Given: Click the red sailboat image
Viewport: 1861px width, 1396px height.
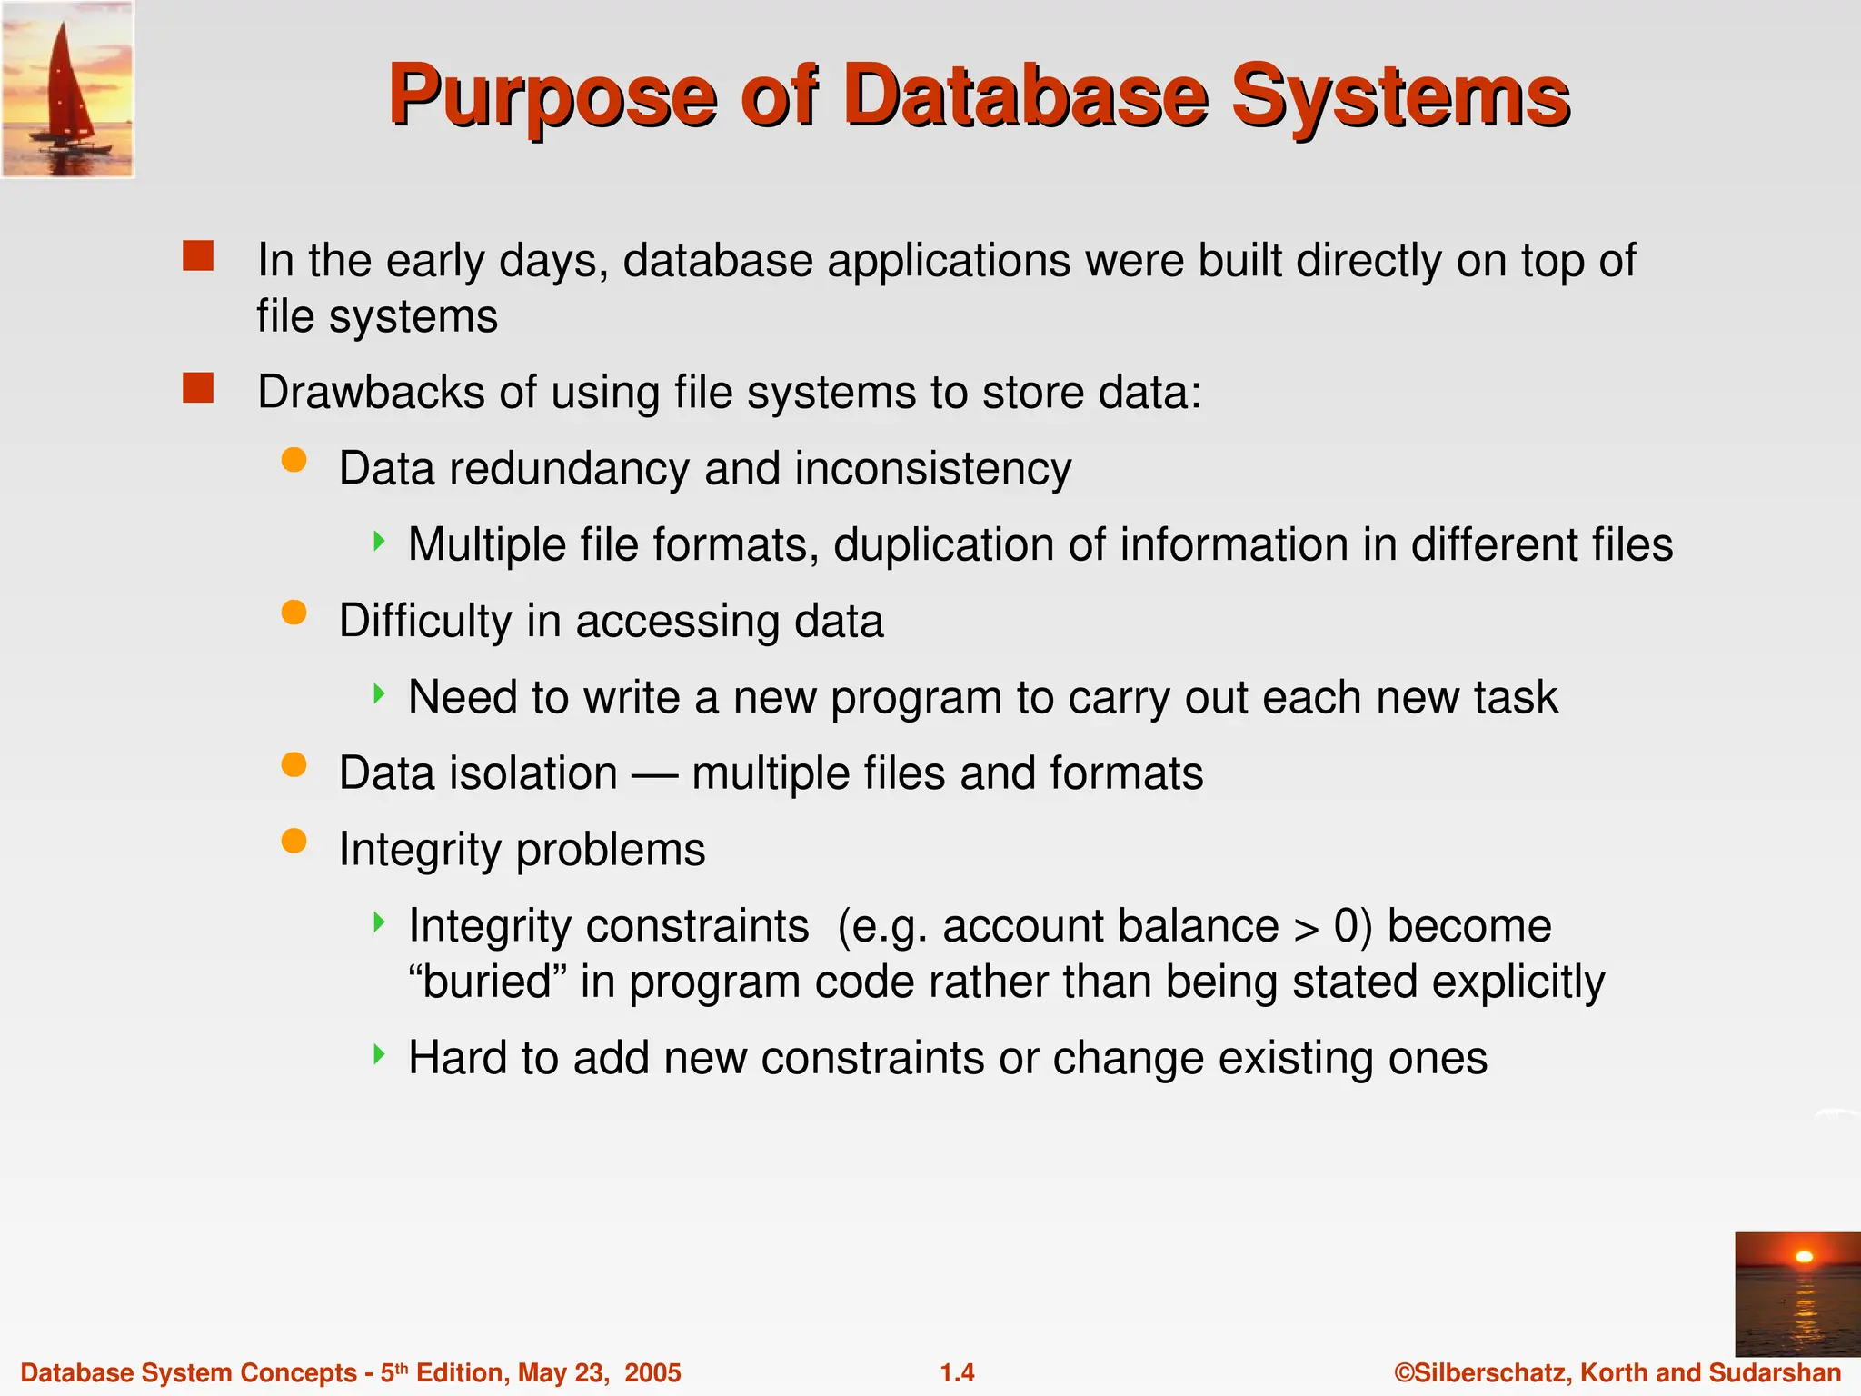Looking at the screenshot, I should point(67,89).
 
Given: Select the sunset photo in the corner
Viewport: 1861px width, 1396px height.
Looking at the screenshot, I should point(1797,1294).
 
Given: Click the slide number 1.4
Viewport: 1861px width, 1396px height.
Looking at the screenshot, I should point(957,1372).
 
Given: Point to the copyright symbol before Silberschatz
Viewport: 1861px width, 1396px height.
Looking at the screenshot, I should point(1405,1372).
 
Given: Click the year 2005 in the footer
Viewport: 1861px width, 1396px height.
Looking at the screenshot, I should point(652,1372).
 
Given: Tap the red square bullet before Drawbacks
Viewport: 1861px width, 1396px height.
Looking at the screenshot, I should point(198,388).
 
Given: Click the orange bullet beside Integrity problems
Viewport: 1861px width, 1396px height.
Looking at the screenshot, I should point(294,841).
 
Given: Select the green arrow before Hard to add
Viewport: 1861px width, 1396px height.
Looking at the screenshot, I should point(380,1054).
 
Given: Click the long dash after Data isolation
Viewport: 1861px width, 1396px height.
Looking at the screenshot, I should point(654,775).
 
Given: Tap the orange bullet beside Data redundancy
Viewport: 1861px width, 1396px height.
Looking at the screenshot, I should point(294,460).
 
